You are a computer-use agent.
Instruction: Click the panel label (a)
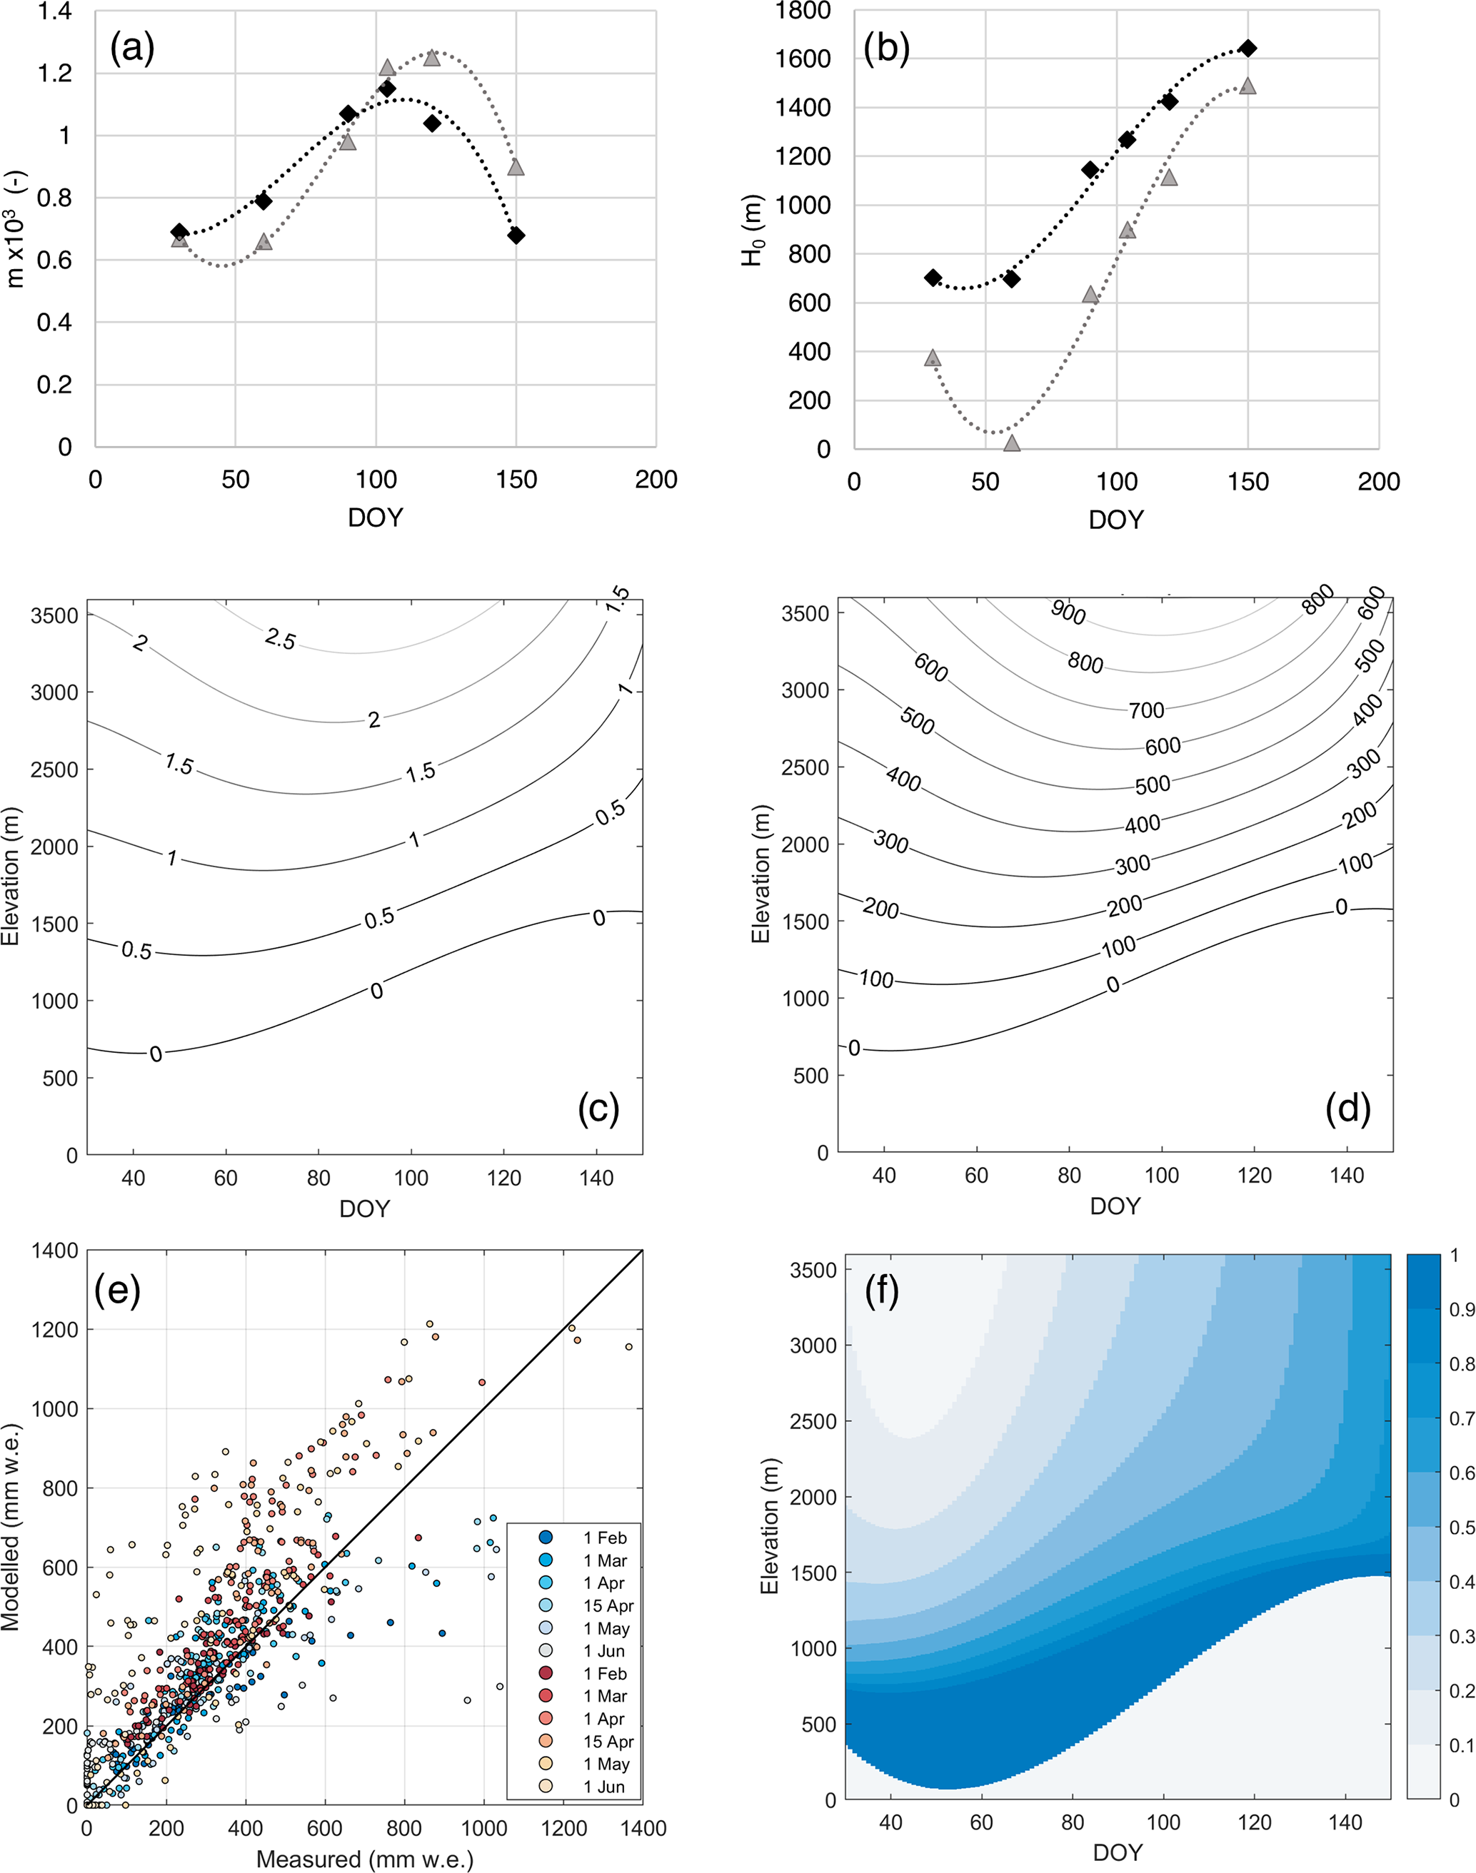(132, 49)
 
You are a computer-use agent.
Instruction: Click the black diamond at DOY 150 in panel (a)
(516, 235)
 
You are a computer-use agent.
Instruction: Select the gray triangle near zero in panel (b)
(1012, 443)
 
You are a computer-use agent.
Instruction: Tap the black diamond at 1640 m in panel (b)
(1248, 49)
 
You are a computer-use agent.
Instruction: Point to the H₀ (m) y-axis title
(753, 229)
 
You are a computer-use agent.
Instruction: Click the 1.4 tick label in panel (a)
(54, 12)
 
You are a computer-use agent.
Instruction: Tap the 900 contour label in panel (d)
(1068, 612)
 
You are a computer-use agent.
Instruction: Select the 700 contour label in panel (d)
(1147, 710)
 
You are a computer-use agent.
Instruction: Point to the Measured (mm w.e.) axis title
(365, 1858)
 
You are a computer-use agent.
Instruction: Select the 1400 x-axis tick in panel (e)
(643, 1828)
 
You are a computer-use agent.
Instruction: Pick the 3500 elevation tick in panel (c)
(54, 615)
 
